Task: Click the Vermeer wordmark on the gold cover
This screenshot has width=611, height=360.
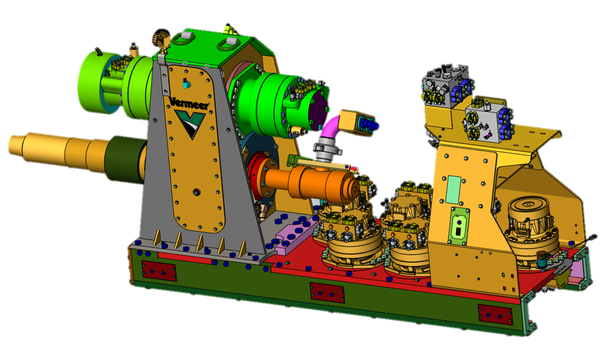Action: pyautogui.click(x=189, y=103)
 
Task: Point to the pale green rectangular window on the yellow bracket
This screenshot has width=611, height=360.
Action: pyautogui.click(x=453, y=190)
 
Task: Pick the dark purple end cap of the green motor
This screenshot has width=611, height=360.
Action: pyautogui.click(x=318, y=111)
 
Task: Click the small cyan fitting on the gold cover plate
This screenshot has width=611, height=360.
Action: pyautogui.click(x=186, y=84)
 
